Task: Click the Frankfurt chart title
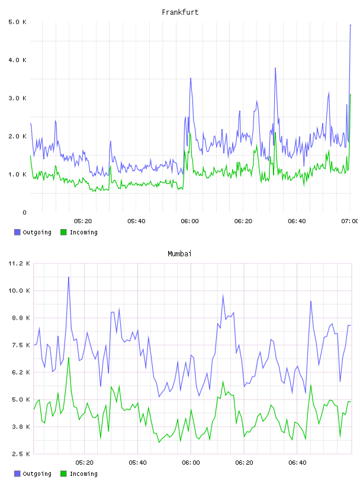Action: pyautogui.click(x=180, y=12)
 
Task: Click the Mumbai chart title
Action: pyautogui.click(x=179, y=254)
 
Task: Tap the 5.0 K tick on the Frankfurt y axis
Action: pyautogui.click(x=18, y=22)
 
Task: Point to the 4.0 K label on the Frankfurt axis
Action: pyautogui.click(x=18, y=60)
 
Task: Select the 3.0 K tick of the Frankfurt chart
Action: pyautogui.click(x=18, y=98)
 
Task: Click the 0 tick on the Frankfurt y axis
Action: pyautogui.click(x=24, y=212)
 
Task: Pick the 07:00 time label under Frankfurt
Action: pyautogui.click(x=349, y=221)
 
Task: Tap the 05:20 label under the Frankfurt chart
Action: pyautogui.click(x=83, y=221)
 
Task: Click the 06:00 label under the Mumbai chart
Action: pyautogui.click(x=191, y=463)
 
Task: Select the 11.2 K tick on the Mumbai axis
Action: pyautogui.click(x=19, y=263)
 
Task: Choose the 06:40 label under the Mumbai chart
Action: pyautogui.click(x=297, y=463)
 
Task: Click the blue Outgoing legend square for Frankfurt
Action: pyautogui.click(x=17, y=232)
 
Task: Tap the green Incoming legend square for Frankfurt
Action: pyautogui.click(x=63, y=232)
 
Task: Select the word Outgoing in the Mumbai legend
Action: pyautogui.click(x=37, y=474)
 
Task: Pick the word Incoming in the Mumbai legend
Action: pyautogui.click(x=83, y=474)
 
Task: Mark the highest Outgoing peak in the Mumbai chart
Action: pyautogui.click(x=69, y=277)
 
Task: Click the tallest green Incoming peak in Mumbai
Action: pyautogui.click(x=69, y=358)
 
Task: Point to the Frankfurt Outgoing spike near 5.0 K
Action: pyautogui.click(x=351, y=25)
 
